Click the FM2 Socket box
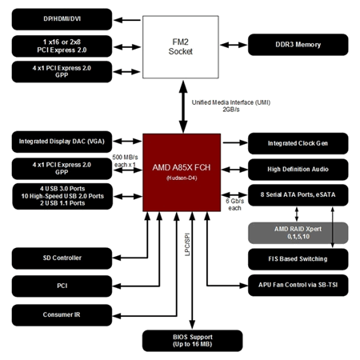[x=181, y=49]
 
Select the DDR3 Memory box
[x=298, y=45]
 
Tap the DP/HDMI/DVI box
[x=61, y=17]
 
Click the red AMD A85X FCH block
[x=180, y=171]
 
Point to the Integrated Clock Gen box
[x=298, y=144]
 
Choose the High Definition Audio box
[x=298, y=169]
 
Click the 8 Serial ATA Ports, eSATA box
[x=298, y=195]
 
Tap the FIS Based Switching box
[x=298, y=258]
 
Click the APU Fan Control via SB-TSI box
[x=298, y=284]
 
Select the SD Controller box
[x=61, y=258]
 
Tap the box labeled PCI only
[x=61, y=284]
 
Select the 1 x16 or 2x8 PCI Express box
[x=61, y=44]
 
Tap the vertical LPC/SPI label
[x=186, y=247]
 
